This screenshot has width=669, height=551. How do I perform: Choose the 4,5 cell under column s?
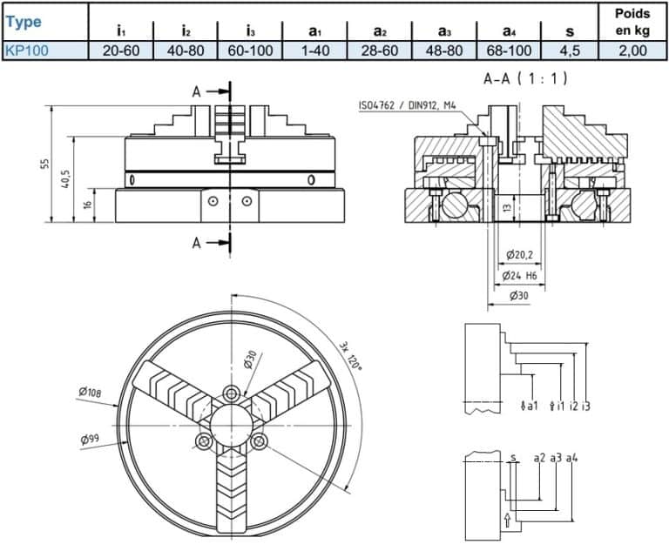pyautogui.click(x=570, y=50)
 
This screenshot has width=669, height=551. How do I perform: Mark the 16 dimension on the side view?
pyautogui.click(x=86, y=205)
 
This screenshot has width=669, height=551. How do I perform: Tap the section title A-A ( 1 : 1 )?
pyautogui.click(x=525, y=78)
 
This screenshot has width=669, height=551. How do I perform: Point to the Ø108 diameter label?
pyautogui.click(x=91, y=393)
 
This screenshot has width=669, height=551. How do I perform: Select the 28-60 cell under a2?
pyautogui.click(x=380, y=50)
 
